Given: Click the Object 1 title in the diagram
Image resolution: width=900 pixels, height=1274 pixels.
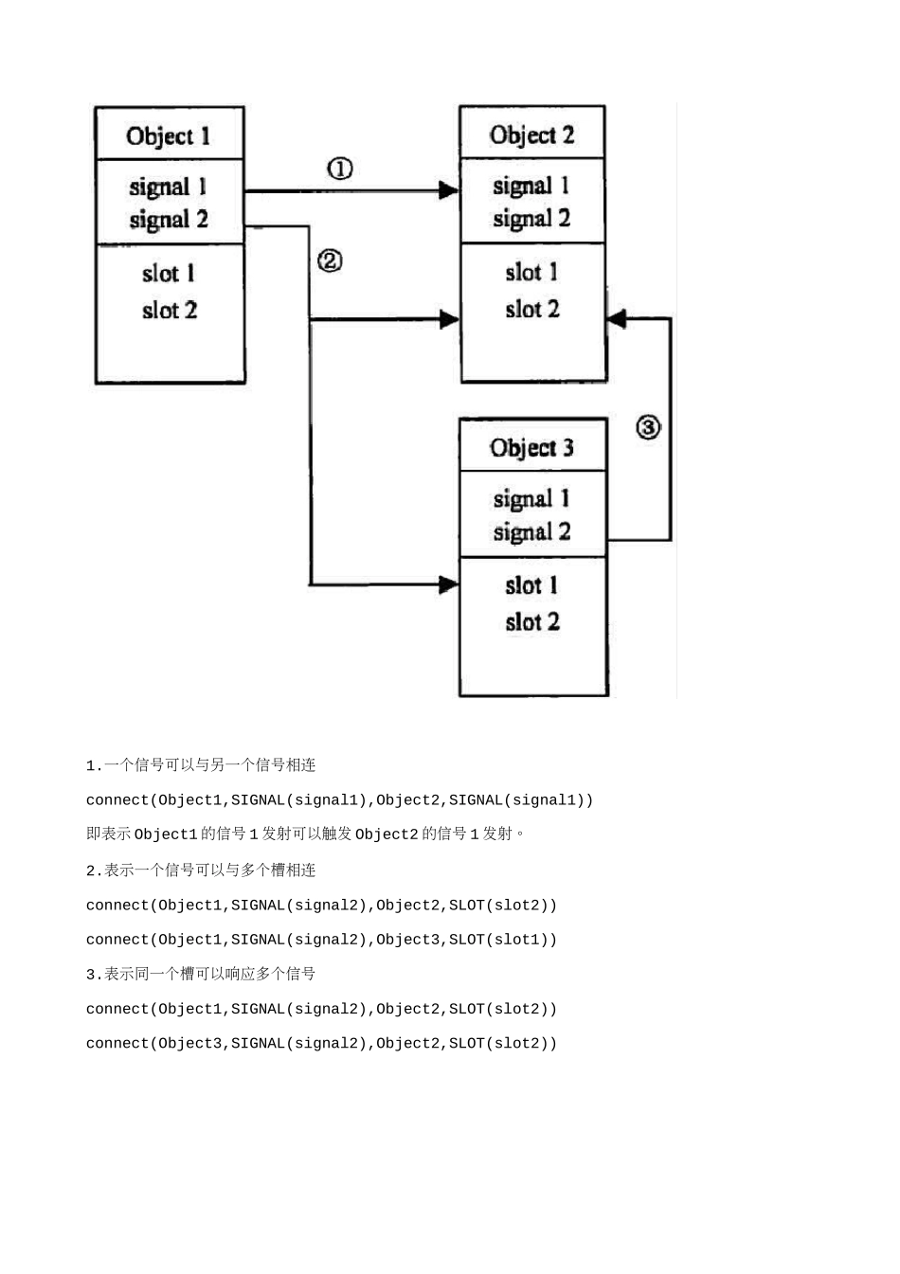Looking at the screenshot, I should (169, 136).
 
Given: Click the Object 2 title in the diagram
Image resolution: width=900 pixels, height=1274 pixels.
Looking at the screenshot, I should (531, 135).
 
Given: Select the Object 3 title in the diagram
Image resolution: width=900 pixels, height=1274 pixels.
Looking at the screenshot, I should (531, 448).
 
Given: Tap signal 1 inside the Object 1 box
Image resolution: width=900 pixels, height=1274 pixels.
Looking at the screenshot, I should (168, 188).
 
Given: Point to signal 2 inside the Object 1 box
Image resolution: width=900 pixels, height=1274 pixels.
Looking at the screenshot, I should (169, 220).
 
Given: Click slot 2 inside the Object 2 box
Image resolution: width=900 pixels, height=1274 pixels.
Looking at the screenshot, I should (531, 310).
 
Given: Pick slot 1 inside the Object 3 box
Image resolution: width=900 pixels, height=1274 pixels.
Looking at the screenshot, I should (531, 585).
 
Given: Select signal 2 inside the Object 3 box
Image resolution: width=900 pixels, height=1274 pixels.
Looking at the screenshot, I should (531, 532).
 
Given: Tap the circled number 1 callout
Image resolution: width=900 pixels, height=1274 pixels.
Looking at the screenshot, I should (340, 169).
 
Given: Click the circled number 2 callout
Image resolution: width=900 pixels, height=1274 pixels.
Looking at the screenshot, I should (330, 260).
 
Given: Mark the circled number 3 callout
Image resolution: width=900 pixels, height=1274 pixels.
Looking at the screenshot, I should (648, 427).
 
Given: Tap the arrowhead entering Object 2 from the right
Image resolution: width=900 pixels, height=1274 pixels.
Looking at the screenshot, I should (617, 319).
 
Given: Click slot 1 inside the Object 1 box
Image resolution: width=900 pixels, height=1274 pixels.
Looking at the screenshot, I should (169, 274).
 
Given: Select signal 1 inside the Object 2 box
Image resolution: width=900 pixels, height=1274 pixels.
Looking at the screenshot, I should (531, 187).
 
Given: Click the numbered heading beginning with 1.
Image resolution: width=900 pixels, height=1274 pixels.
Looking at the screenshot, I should (201, 765).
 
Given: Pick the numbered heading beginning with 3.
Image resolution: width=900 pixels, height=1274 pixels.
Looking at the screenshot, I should (201, 974).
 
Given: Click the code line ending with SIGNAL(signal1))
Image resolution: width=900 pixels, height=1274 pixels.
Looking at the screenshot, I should (339, 800).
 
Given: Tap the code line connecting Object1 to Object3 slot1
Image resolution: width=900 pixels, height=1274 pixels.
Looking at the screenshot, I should (321, 940).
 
